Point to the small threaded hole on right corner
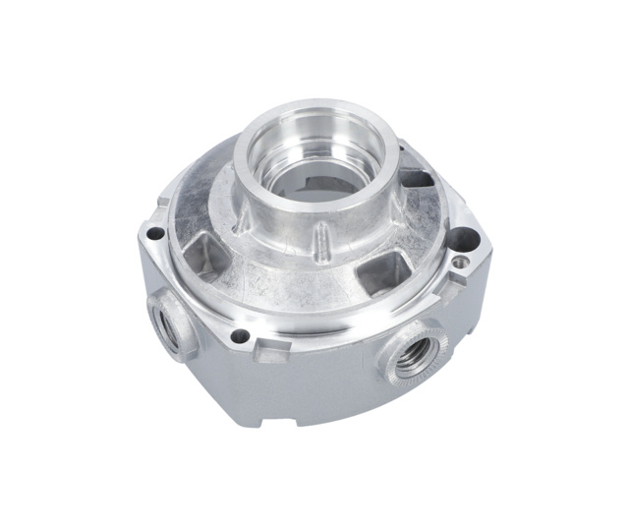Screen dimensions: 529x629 click(458, 263)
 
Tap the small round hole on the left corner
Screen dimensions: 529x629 click(154, 234)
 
